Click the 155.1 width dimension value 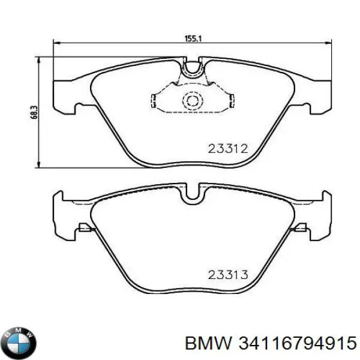pos(191,38)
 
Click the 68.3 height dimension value pos(34,112)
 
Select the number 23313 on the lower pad pos(227,275)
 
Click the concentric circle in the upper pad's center pos(193,101)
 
